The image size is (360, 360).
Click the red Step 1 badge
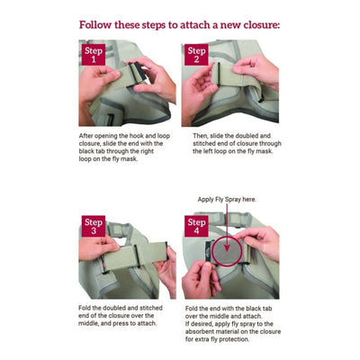[94, 54]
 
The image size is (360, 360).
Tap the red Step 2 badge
[196, 54]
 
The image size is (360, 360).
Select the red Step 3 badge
[94, 226]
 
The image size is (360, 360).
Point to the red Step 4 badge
[196, 226]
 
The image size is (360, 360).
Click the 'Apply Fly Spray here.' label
[227, 199]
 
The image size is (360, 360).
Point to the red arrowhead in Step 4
[227, 247]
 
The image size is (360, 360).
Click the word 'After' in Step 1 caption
[85, 136]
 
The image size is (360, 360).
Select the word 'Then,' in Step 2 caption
[200, 136]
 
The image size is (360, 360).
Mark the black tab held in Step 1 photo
[139, 72]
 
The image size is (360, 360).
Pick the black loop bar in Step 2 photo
[219, 75]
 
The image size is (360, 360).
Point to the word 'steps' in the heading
[152, 25]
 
